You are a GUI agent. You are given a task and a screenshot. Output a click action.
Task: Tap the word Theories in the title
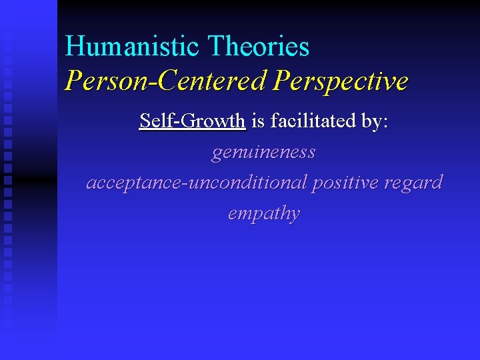tap(259, 47)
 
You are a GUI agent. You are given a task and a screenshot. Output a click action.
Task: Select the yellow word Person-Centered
tap(165, 81)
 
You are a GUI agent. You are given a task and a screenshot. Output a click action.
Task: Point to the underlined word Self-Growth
tap(193, 121)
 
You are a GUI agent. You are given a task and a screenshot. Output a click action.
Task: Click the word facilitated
tap(314, 121)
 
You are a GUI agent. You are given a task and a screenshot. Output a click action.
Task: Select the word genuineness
tap(263, 153)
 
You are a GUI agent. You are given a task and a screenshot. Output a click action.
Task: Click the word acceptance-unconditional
tap(197, 183)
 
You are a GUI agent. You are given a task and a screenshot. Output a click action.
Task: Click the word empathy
tap(263, 213)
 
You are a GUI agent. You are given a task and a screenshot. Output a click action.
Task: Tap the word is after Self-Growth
tap(257, 121)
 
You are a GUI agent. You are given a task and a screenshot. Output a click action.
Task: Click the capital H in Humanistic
tap(74, 47)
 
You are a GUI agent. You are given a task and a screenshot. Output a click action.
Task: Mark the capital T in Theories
tap(216, 47)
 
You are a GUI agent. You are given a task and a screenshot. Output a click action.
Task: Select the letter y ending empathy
tap(295, 215)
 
